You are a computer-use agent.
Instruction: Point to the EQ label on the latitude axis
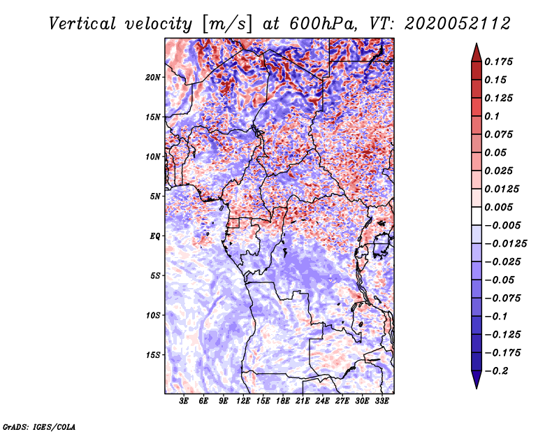155,236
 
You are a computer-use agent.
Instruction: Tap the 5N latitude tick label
155,196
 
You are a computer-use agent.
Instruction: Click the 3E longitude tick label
184,401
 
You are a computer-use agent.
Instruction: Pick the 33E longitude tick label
382,401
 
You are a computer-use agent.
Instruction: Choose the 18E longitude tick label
283,401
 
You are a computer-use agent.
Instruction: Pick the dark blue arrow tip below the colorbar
476,383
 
